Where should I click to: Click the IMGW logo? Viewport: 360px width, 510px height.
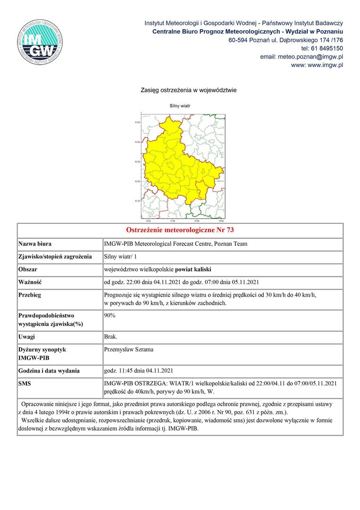pyautogui.click(x=40, y=42)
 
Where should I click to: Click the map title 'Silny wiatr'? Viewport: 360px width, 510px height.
pyautogui.click(x=180, y=106)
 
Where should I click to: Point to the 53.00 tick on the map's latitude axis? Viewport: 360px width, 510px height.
pyautogui.click(x=138, y=142)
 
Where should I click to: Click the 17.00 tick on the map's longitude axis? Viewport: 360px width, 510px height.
pyautogui.click(x=172, y=221)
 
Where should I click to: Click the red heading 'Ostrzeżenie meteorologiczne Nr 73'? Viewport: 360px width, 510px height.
pyautogui.click(x=180, y=230)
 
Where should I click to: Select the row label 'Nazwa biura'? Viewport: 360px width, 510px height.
pyautogui.click(x=35, y=244)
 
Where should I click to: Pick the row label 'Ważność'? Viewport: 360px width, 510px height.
pyautogui.click(x=30, y=282)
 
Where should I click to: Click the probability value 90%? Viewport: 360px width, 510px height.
pyautogui.click(x=109, y=314)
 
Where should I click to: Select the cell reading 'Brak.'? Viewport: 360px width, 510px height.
pyautogui.click(x=111, y=337)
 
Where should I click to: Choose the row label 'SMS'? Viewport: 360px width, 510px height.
pyautogui.click(x=25, y=383)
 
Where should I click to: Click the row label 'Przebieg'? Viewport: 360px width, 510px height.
pyautogui.click(x=30, y=295)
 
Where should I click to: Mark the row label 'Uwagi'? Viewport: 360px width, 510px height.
pyautogui.click(x=26, y=337)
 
